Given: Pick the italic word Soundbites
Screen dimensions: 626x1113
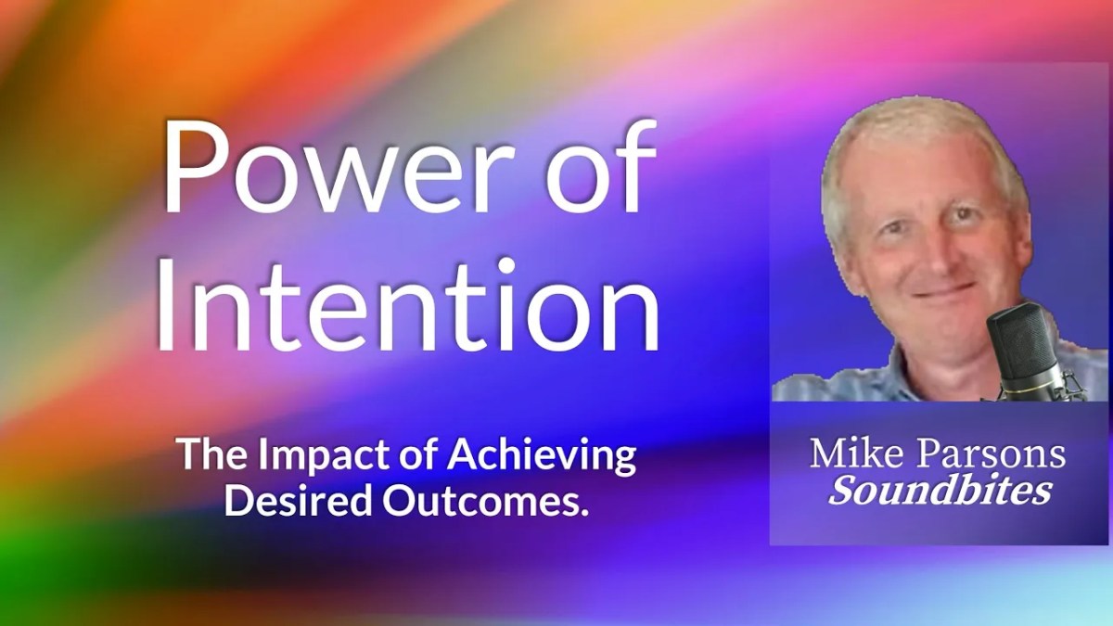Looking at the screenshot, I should [x=940, y=490].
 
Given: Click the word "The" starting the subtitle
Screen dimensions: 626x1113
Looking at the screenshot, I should [x=208, y=456].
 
